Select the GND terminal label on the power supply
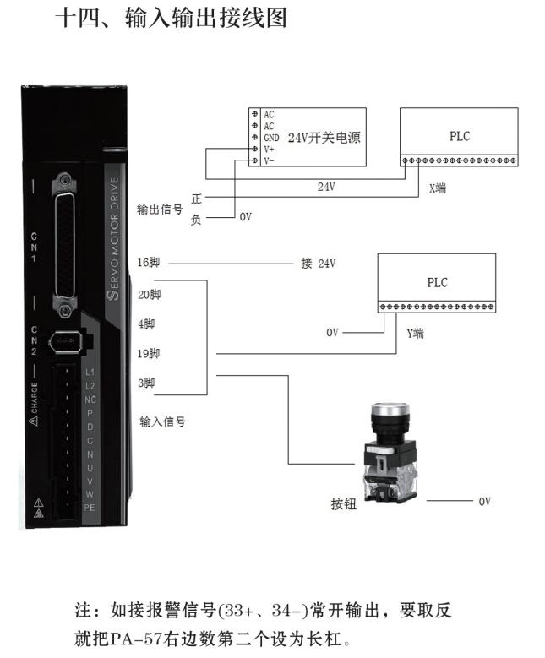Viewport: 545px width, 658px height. (x=270, y=137)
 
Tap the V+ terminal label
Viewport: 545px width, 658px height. (x=269, y=149)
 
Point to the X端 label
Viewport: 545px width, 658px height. (x=437, y=188)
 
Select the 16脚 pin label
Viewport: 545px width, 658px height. (x=148, y=264)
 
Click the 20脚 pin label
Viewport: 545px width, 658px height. (x=148, y=294)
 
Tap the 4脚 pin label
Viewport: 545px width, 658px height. (x=145, y=324)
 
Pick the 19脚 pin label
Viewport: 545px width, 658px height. (x=148, y=353)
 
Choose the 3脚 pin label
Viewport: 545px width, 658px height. (x=145, y=383)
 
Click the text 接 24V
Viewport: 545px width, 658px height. (x=319, y=264)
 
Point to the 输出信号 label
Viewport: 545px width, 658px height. (x=160, y=209)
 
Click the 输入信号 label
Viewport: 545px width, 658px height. (x=162, y=421)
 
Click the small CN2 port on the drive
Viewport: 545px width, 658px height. (x=66, y=343)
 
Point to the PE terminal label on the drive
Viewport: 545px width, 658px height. (x=90, y=506)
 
